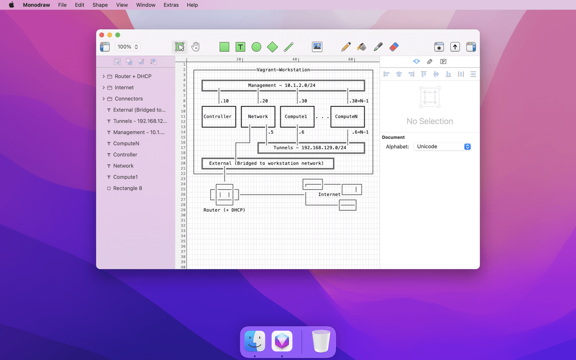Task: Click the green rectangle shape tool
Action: click(224, 47)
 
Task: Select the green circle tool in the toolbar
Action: click(256, 47)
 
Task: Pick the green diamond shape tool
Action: click(272, 47)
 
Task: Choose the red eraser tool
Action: click(394, 47)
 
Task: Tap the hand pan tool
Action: click(195, 47)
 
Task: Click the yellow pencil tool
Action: click(346, 47)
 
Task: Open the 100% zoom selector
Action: click(128, 47)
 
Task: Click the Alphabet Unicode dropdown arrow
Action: click(467, 146)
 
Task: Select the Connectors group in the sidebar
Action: click(129, 99)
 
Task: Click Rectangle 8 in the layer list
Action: click(128, 188)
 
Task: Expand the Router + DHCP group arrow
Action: click(103, 76)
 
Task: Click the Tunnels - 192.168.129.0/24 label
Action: click(310, 148)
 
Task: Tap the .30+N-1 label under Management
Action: click(359, 101)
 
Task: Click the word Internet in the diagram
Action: click(329, 194)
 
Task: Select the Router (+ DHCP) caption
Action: click(224, 210)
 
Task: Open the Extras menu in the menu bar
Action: click(171, 5)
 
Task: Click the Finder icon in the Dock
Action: click(254, 341)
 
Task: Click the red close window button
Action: click(102, 35)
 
